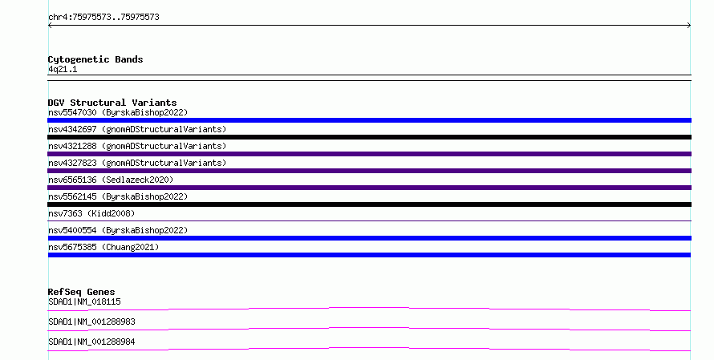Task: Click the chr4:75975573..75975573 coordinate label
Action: point(103,18)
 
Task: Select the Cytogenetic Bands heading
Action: point(95,59)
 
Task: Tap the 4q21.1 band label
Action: point(63,69)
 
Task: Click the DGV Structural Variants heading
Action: point(112,103)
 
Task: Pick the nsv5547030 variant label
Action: point(118,112)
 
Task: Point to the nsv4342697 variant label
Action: point(137,129)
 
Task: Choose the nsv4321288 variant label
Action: point(137,146)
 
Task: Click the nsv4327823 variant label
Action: point(137,163)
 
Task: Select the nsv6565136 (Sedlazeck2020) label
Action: point(111,180)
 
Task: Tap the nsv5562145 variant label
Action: point(118,196)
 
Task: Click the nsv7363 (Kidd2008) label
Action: point(91,213)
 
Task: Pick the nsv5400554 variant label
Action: point(118,230)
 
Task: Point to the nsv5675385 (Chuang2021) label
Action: point(103,247)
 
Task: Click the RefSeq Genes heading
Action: point(81,292)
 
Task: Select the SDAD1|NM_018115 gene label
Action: point(84,301)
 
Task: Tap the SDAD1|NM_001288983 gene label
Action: point(91,322)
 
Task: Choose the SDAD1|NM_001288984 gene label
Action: point(91,342)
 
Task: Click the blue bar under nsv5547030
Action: point(369,120)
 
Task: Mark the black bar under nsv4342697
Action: point(369,137)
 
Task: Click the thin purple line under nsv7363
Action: point(369,221)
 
